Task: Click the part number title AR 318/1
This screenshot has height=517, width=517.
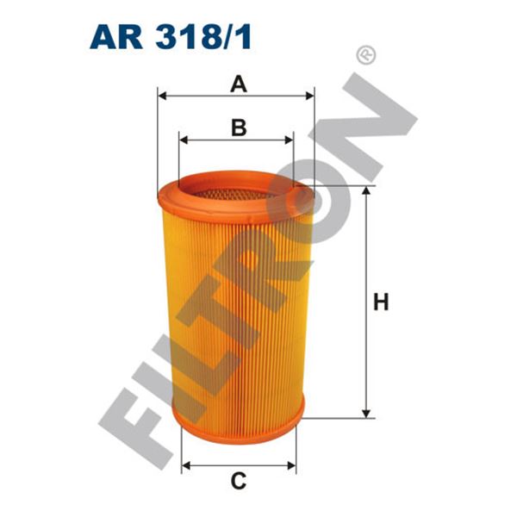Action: tap(171, 37)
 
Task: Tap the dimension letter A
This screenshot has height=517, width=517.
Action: tap(239, 84)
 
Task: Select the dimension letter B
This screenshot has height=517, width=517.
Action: tap(239, 128)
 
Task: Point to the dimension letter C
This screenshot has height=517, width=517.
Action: tap(239, 481)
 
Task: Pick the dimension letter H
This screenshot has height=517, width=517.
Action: tap(381, 302)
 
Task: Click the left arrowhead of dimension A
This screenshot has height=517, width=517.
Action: tap(162, 96)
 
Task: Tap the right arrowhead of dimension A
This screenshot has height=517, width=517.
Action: tap(310, 96)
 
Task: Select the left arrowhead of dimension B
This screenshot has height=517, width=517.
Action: tap(184, 140)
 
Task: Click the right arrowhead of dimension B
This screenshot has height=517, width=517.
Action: tap(289, 140)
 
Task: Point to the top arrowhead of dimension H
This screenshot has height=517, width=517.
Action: tap(366, 190)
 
